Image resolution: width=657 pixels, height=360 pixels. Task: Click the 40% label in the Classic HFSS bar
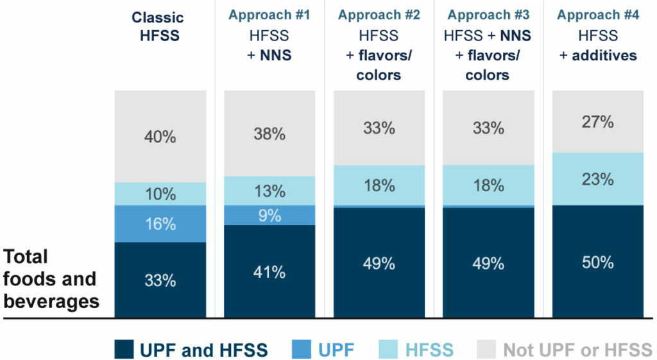160,137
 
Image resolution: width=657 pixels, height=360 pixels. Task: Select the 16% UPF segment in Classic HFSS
160,224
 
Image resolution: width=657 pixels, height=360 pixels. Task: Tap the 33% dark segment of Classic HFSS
160,280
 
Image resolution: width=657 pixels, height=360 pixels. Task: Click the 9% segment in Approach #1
269,216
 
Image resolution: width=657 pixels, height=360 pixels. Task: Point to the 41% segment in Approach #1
269,271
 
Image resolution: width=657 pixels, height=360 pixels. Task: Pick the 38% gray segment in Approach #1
269,133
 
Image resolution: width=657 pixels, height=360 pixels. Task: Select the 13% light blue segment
269,191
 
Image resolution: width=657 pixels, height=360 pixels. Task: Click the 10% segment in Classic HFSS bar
160,194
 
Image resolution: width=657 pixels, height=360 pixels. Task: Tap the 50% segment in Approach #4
598,262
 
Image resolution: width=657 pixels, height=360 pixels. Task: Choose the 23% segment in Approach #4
598,179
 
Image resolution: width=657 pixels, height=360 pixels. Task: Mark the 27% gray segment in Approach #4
598,122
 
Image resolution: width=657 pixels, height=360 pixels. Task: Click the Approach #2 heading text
379,15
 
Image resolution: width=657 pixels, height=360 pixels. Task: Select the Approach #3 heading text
488,15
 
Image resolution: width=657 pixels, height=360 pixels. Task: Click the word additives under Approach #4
604,55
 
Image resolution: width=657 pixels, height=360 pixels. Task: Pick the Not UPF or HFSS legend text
577,350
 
